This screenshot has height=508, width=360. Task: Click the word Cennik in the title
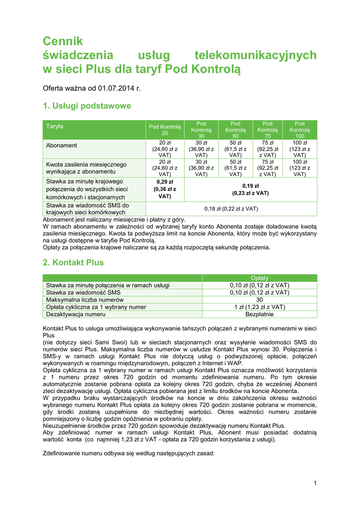click(x=63, y=41)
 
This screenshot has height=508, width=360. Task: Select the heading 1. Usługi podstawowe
click(x=87, y=106)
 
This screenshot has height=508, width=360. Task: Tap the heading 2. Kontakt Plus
click(x=73, y=262)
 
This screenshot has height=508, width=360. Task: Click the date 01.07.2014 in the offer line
click(x=116, y=88)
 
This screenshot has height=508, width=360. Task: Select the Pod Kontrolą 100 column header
click(x=300, y=129)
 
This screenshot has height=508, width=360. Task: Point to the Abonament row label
click(x=62, y=145)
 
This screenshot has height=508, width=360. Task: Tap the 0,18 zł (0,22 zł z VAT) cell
click(x=231, y=209)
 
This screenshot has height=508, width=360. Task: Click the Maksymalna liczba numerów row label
click(x=84, y=300)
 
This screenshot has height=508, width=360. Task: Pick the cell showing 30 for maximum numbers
click(x=260, y=300)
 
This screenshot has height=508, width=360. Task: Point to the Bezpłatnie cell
click(x=260, y=314)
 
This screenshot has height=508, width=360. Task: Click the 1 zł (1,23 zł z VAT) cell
click(x=260, y=307)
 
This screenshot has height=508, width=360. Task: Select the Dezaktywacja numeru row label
click(x=75, y=314)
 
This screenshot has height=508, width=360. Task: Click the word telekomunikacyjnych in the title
click(x=255, y=55)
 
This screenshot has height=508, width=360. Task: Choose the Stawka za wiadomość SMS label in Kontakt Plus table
click(x=83, y=293)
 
